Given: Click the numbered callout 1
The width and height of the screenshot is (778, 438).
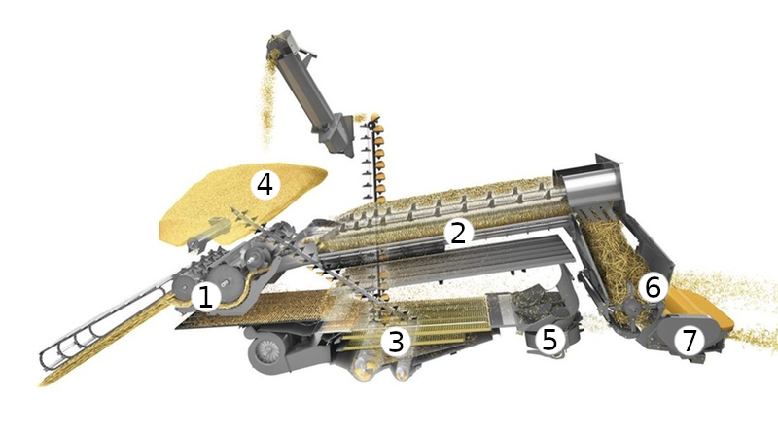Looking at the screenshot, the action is tap(205, 297).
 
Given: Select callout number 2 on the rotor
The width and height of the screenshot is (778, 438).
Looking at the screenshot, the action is tap(457, 233).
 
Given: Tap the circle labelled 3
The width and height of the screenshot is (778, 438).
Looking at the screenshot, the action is tap(396, 342).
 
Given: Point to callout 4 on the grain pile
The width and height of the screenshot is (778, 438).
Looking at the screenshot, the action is tap(265, 185).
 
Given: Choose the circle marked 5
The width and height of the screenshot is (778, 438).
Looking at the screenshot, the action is tap(549, 340).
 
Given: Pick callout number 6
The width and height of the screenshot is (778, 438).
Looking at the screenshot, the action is tap(653, 287).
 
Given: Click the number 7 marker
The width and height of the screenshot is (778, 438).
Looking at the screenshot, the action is tap(690, 341).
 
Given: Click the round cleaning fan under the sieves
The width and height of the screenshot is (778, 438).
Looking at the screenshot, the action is tap(268, 350).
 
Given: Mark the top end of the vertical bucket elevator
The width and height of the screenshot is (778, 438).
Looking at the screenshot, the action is tap(373, 118).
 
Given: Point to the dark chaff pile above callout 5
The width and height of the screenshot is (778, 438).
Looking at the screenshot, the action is tap(539, 304).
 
